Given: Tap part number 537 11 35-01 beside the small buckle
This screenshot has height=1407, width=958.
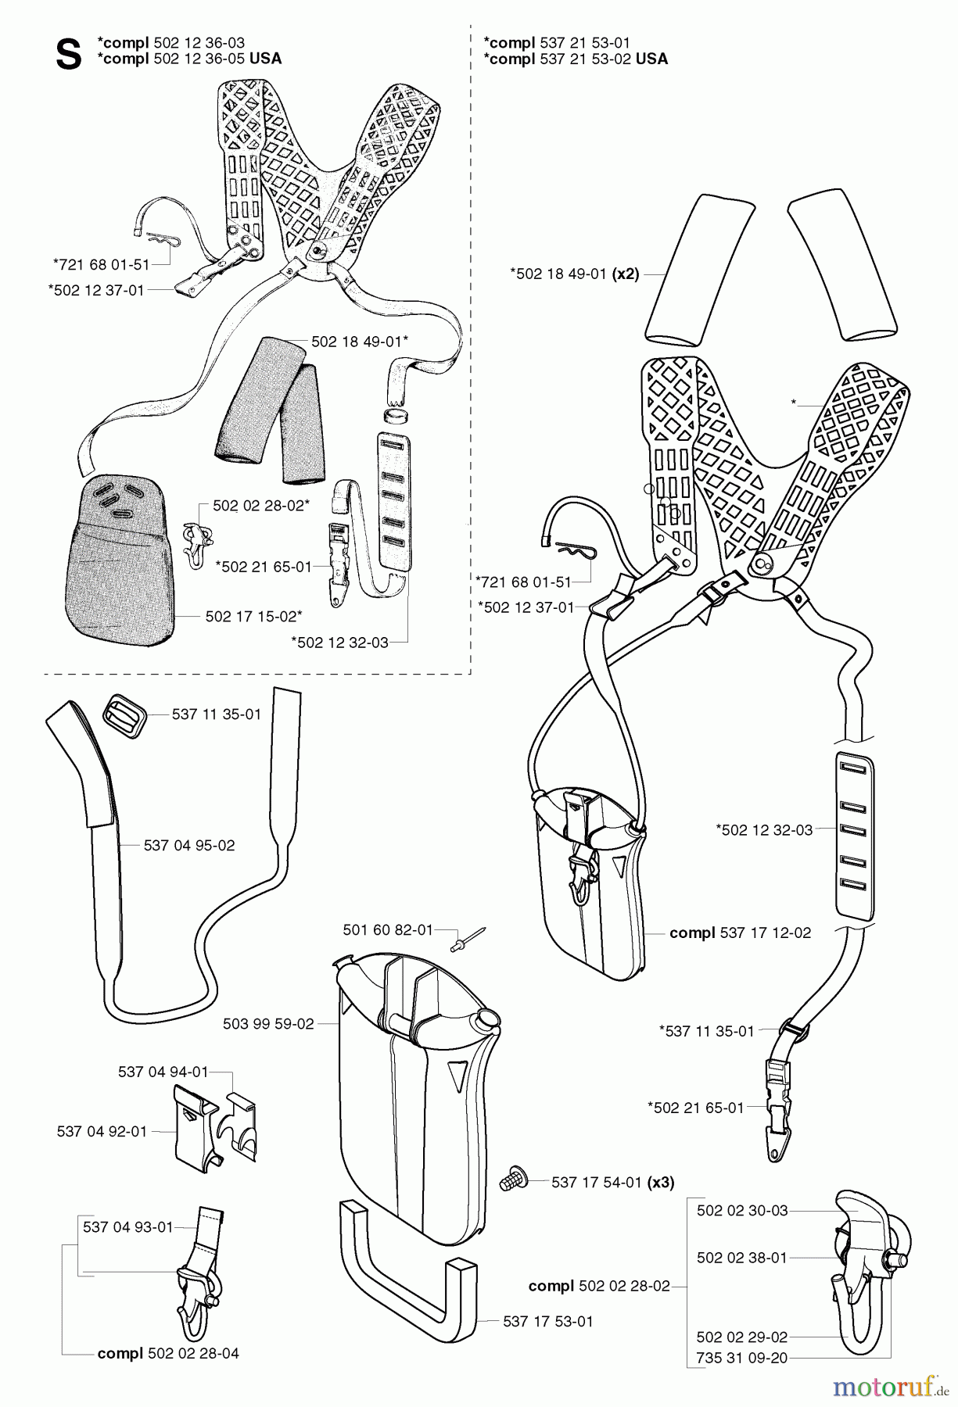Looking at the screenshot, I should click(x=217, y=714).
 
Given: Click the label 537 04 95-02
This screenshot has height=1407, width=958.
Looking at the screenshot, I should click(x=189, y=845).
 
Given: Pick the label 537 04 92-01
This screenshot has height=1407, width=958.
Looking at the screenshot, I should click(x=102, y=1131).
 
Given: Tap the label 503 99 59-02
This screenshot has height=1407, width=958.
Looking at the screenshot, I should click(x=268, y=1023).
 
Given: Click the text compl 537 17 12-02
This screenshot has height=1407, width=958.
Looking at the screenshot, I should click(x=740, y=933).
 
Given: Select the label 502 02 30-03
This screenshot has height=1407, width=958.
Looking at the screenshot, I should click(x=742, y=1210).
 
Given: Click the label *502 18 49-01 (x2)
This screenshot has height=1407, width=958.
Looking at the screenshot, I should click(x=574, y=274).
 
